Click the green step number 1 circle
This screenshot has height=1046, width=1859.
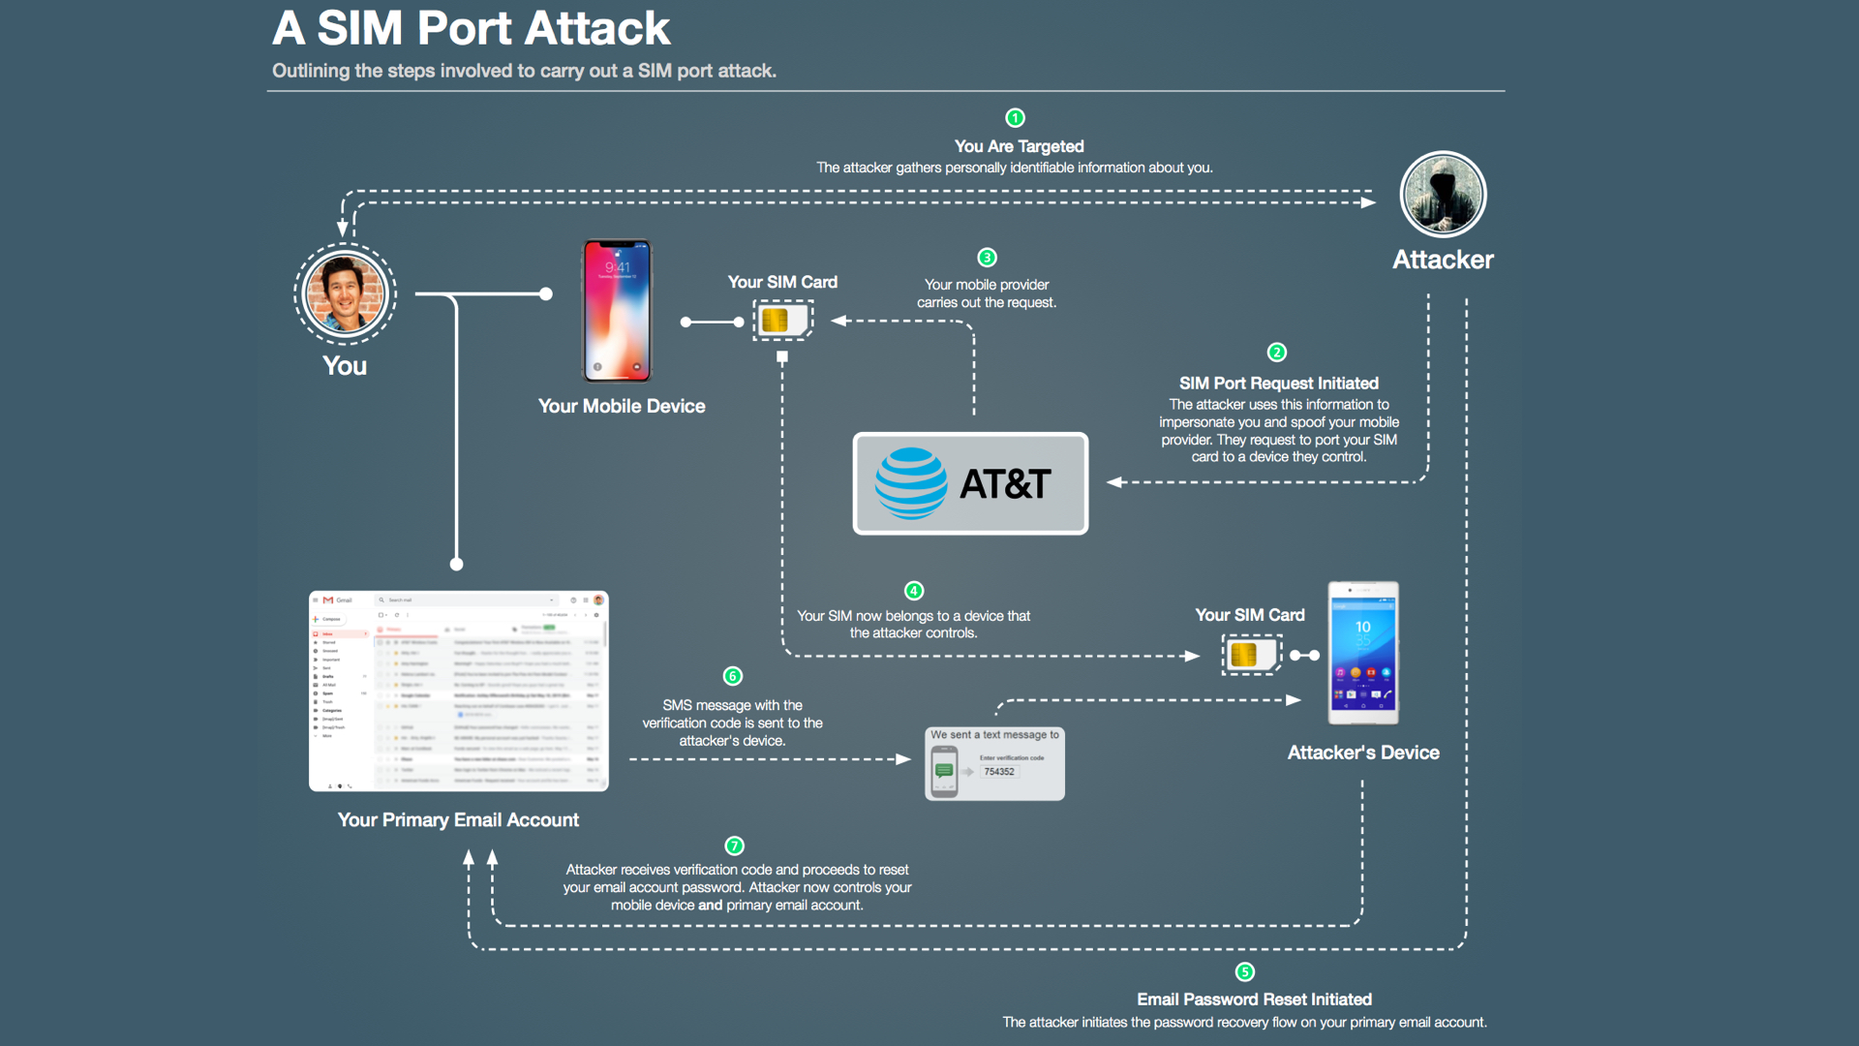1015,118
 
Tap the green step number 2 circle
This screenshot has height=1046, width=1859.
1277,353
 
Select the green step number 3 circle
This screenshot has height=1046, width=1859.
987,258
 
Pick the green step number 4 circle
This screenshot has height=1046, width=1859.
913,591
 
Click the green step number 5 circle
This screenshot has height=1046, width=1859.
1245,971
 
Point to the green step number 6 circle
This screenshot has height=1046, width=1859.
733,676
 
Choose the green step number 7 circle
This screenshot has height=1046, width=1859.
735,846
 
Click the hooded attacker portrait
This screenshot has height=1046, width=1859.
1443,195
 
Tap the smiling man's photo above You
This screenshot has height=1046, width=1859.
345,293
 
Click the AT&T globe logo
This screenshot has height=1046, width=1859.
910,483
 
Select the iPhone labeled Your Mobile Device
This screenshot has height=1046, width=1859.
617,311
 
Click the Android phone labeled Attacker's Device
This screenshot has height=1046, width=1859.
1362,653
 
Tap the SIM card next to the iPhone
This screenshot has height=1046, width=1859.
782,321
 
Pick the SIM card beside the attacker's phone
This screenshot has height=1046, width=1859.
1251,655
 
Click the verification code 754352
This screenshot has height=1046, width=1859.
999,772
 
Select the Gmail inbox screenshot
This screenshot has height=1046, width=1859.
459,691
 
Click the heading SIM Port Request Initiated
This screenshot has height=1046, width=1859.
1278,384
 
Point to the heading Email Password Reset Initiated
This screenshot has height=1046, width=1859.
1254,1000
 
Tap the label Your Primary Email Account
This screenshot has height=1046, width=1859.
458,820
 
